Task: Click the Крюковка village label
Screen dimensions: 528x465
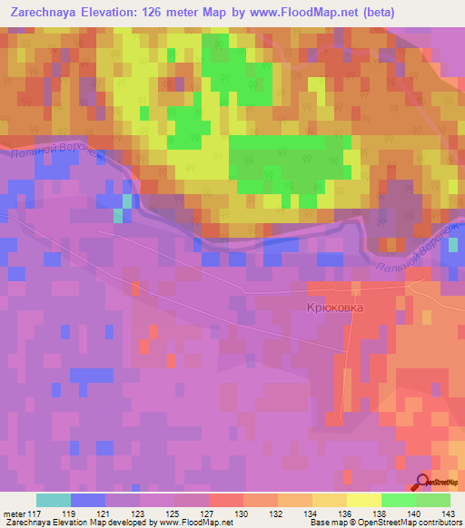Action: coord(333,308)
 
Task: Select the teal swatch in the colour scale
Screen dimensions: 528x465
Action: coord(54,500)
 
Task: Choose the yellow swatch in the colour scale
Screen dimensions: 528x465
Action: coord(363,500)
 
